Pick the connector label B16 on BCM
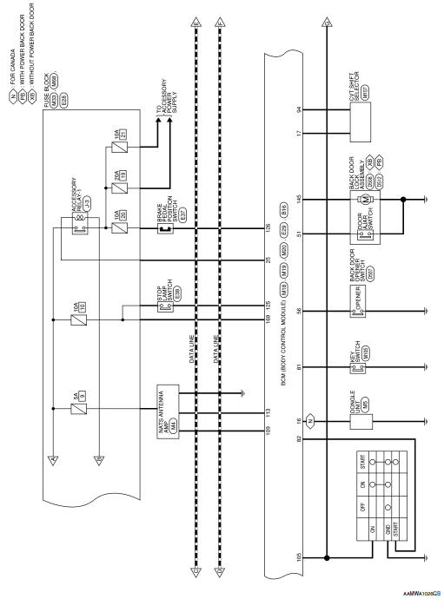284,208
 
